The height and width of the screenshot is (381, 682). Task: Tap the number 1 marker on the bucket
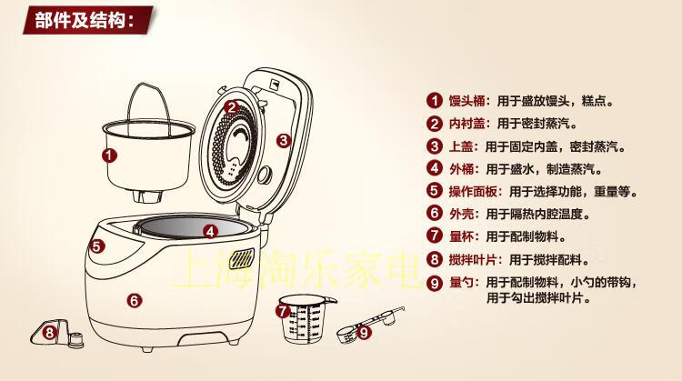click(x=109, y=155)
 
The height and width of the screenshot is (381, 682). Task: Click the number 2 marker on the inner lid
click(x=232, y=107)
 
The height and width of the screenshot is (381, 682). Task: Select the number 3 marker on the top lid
click(x=284, y=140)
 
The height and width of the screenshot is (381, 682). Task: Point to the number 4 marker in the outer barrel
click(x=211, y=231)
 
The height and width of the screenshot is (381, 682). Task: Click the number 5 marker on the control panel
click(x=96, y=246)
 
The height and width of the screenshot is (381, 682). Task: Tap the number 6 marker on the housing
click(x=135, y=300)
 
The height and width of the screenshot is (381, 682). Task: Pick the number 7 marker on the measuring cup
click(x=283, y=311)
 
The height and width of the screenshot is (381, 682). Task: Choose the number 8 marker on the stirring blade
click(x=50, y=333)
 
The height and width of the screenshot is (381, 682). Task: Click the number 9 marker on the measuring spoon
click(x=364, y=333)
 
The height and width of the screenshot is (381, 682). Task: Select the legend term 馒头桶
click(x=466, y=101)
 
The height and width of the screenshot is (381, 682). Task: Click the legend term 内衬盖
click(x=466, y=124)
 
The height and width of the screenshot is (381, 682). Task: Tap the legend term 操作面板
click(x=473, y=191)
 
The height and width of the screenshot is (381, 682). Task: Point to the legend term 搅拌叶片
click(x=473, y=260)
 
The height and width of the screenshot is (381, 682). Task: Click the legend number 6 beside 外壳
click(x=434, y=214)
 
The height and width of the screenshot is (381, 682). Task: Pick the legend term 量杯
click(x=461, y=237)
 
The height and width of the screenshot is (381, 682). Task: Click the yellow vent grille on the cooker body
click(x=241, y=259)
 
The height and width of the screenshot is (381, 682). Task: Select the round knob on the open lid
click(x=265, y=175)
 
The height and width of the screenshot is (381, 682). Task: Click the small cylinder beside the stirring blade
click(x=75, y=339)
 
